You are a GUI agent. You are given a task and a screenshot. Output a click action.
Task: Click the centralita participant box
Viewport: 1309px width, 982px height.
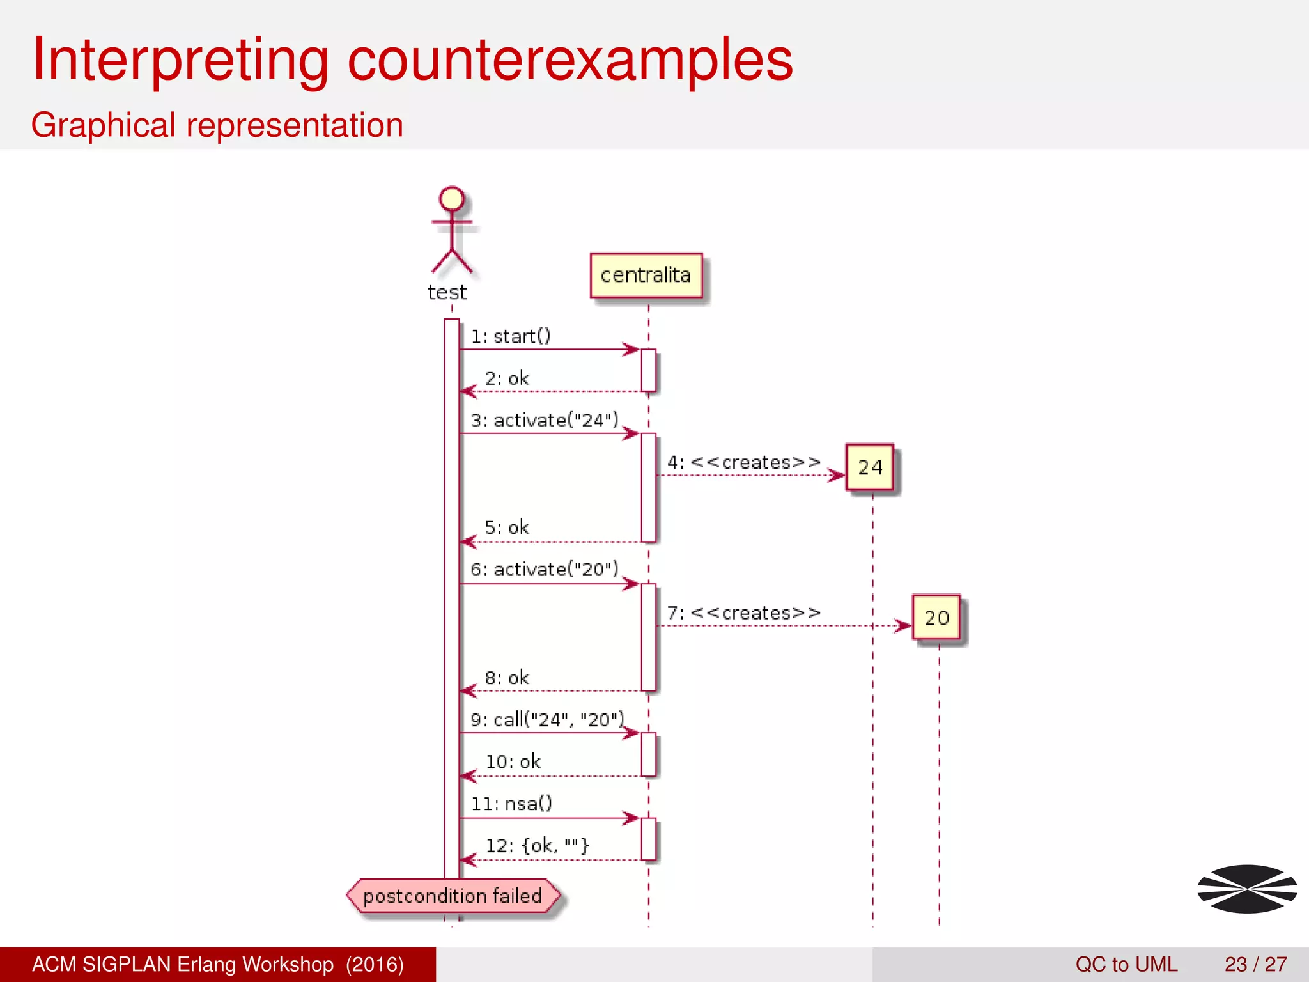tap(646, 276)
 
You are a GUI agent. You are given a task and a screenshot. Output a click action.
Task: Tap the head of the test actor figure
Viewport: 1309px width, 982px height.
tap(452, 199)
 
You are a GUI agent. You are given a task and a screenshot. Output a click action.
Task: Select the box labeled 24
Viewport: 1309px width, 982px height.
tap(870, 468)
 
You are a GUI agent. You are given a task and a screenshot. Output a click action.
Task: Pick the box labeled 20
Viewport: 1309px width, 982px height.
tap(936, 618)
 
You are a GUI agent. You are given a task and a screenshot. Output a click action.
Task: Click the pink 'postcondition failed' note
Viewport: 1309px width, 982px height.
tap(453, 896)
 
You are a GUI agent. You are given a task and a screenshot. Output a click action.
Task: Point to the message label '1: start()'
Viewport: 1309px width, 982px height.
tap(511, 336)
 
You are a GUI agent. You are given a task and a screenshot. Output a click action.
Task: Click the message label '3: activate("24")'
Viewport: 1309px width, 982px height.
tap(545, 421)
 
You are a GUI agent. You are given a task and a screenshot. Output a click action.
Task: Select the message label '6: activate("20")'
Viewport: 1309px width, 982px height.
tap(545, 570)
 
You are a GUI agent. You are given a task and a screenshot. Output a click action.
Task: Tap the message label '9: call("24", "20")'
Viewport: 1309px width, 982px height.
tap(547, 720)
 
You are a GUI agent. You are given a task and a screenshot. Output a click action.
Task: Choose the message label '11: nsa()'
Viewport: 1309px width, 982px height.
tap(511, 804)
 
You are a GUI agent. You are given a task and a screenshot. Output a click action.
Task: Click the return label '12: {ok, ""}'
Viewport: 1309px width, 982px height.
tap(537, 846)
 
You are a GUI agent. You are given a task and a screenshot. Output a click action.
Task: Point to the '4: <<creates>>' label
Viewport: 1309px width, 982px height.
tap(744, 462)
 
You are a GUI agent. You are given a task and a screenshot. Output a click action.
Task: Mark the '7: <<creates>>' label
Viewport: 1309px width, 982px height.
tap(744, 613)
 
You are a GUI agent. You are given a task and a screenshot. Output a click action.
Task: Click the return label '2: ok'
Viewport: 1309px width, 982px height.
tap(507, 378)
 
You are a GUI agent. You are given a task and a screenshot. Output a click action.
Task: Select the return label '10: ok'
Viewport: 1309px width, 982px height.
tap(513, 762)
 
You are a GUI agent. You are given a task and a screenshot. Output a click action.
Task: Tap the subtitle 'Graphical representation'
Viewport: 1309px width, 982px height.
tap(217, 125)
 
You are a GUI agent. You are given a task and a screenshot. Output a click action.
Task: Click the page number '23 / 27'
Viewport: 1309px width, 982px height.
tap(1255, 964)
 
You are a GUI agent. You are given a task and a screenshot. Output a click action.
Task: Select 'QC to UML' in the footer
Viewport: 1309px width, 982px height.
tap(1126, 964)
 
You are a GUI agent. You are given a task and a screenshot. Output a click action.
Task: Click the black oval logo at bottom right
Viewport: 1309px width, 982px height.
tap(1247, 889)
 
